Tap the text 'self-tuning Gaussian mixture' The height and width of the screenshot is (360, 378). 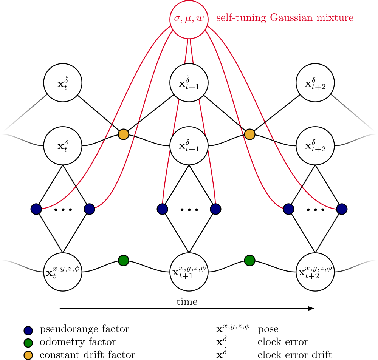pyautogui.click(x=285, y=18)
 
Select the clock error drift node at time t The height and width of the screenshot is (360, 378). pyautogui.click(x=62, y=82)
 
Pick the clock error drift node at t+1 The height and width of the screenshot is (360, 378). pyautogui.click(x=189, y=82)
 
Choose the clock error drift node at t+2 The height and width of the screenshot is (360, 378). pyautogui.click(x=315, y=82)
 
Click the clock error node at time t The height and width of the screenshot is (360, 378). pyautogui.click(x=62, y=145)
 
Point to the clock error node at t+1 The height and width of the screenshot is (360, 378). pyautogui.click(x=189, y=145)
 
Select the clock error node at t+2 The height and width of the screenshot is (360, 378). pyautogui.click(x=315, y=145)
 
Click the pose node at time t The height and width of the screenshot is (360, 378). pyautogui.click(x=62, y=272)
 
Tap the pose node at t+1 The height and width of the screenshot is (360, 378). pyautogui.click(x=189, y=272)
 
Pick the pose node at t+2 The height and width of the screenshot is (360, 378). pyautogui.click(x=315, y=272)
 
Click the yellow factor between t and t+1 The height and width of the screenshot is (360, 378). pyautogui.click(x=123, y=134)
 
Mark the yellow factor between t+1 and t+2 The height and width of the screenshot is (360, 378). pyautogui.click(x=249, y=134)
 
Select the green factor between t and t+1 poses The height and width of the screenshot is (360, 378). pyautogui.click(x=123, y=260)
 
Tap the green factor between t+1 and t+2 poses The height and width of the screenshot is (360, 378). pyautogui.click(x=249, y=260)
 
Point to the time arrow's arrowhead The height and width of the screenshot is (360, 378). pyautogui.click(x=311, y=309)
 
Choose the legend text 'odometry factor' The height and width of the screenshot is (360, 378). pyautogui.click(x=77, y=342)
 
